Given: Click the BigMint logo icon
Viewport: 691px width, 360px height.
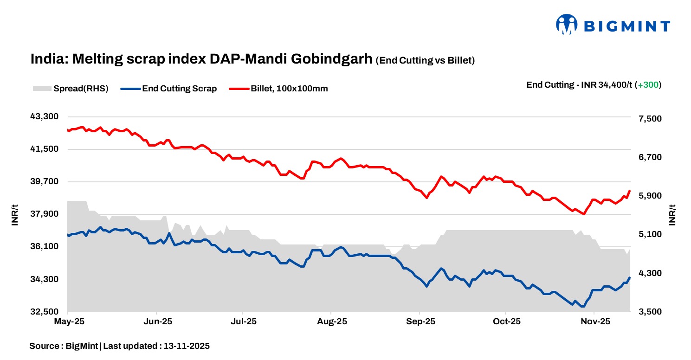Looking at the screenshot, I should [x=567, y=25].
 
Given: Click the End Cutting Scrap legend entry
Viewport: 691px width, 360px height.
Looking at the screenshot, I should [x=169, y=89].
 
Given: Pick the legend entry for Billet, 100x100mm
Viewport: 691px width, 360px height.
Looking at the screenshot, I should [x=279, y=89].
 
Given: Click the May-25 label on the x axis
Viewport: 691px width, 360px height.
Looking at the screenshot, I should [x=68, y=321].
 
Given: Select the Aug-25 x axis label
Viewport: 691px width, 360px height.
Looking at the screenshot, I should [x=332, y=321].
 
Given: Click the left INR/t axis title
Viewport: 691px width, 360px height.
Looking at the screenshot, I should [x=15, y=214].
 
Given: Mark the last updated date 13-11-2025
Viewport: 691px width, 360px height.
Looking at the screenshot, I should [x=185, y=346].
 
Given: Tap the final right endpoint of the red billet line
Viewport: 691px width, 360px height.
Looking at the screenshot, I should [x=629, y=191].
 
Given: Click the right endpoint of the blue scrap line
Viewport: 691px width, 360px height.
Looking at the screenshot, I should [x=629, y=278].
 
